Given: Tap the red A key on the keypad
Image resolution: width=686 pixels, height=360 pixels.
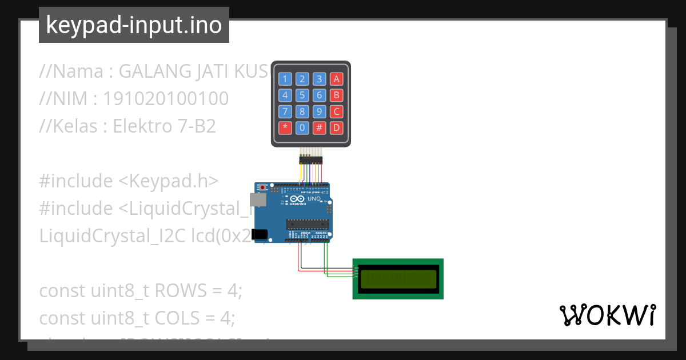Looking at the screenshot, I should coord(337,79).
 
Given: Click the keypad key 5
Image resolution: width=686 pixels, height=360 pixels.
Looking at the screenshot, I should coord(302,95).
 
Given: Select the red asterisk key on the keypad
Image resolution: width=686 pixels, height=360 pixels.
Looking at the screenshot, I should coord(285,127).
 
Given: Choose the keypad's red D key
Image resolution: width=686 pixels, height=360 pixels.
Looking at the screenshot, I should coord(337,127).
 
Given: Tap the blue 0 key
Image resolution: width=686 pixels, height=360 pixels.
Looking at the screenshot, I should coord(302,127).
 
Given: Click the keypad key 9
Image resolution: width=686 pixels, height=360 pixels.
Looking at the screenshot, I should coord(320,111).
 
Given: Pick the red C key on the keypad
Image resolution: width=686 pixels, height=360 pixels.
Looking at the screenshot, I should coord(337,111).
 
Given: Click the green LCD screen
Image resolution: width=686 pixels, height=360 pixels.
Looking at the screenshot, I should coord(398,278).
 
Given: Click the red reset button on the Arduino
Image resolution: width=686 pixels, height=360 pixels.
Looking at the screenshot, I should coord(263,187).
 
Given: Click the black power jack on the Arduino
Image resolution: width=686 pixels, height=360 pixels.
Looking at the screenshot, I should coord(260,234).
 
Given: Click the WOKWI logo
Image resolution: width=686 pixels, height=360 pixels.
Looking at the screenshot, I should coord(607,315).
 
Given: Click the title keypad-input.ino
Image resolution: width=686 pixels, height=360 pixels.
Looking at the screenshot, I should coord(134,26).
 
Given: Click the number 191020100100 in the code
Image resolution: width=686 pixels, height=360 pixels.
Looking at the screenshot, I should coord(166,99).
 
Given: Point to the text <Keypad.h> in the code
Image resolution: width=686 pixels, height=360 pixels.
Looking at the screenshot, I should coord(169,181).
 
